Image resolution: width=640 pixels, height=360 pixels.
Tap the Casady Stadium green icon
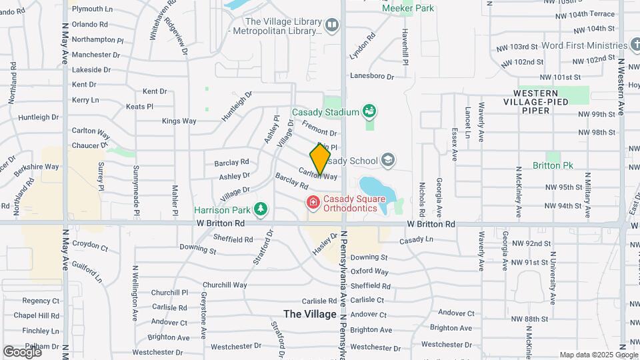pyautogui.click(x=369, y=111)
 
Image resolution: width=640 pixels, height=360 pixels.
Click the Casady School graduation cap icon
pyautogui.click(x=388, y=160)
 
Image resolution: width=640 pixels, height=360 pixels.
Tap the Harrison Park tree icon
pyautogui.click(x=261, y=209)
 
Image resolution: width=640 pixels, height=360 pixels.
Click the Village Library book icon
pyautogui.click(x=332, y=25)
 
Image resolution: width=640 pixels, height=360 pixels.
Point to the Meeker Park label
pyautogui.click(x=408, y=8)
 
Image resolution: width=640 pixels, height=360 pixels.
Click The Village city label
pyautogui.click(x=310, y=314)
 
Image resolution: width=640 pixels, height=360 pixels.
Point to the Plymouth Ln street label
pyautogui.click(x=91, y=9)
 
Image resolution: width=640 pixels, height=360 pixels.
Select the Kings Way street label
pyautogui.click(x=179, y=121)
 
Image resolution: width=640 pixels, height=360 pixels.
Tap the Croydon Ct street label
pyautogui.click(x=90, y=246)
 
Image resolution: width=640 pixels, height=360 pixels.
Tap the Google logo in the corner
pyautogui.click(x=23, y=351)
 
